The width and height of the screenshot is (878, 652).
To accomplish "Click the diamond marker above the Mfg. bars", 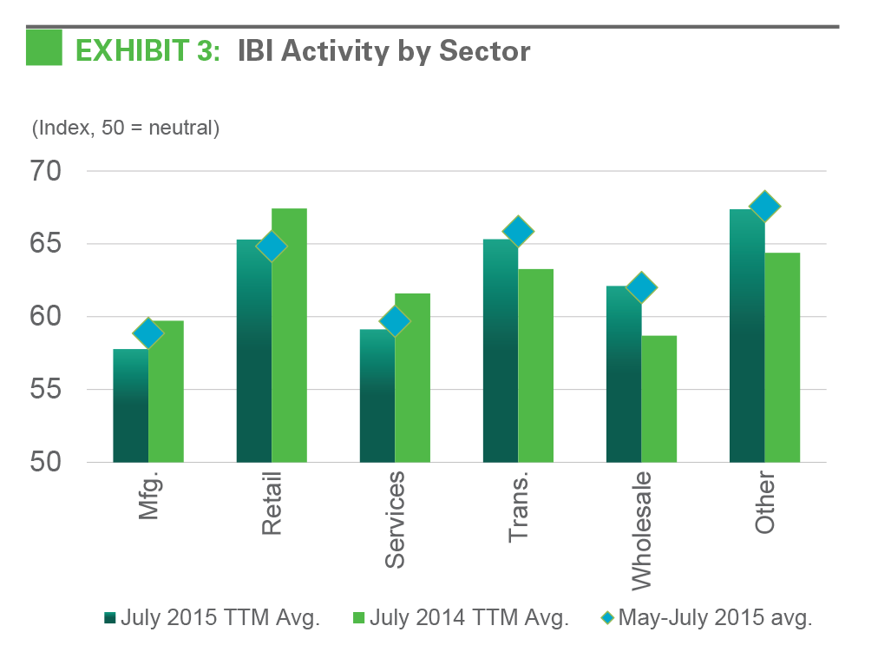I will pyautogui.click(x=148, y=333).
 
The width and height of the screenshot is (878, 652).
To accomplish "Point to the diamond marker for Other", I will pyautogui.click(x=764, y=207).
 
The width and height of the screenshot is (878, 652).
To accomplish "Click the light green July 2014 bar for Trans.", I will pyautogui.click(x=535, y=366).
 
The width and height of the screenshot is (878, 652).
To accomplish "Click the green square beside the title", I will pyautogui.click(x=44, y=48).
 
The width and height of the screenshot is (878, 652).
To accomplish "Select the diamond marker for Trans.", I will pyautogui.click(x=518, y=232).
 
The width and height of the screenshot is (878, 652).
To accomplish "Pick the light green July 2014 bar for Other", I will pyautogui.click(x=782, y=357).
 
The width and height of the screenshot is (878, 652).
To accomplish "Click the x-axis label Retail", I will pyautogui.click(x=272, y=504).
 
